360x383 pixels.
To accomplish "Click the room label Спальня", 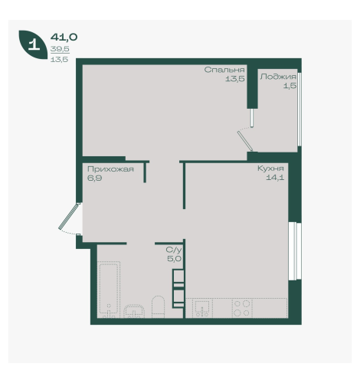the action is [224, 70].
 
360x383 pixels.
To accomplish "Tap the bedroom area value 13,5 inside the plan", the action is [235, 79].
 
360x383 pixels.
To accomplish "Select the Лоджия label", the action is [278, 77].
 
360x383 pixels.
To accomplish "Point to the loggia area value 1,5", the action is [290, 86].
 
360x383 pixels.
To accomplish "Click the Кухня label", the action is [270, 169].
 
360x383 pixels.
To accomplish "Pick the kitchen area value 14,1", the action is [275, 178].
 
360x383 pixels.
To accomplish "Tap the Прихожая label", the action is [110, 169].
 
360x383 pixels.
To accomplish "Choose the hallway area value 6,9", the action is [94, 178].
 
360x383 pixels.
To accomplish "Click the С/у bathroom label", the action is [174, 250].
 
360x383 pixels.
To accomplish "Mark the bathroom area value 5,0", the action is [174, 259].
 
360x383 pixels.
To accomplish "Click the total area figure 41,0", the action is [64, 38].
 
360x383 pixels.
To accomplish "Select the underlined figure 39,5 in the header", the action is [60, 49].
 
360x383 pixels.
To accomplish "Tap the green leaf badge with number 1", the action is [34, 44].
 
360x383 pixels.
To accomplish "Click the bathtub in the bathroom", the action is [109, 290].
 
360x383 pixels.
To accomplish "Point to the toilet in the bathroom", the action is [159, 307].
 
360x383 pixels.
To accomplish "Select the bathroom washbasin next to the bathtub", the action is [134, 311].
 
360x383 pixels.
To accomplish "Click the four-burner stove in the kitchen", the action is [242, 308].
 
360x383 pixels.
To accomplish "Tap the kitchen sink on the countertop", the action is [202, 308].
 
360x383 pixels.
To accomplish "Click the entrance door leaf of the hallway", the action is [70, 216].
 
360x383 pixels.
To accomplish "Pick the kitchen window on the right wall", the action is [295, 251].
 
